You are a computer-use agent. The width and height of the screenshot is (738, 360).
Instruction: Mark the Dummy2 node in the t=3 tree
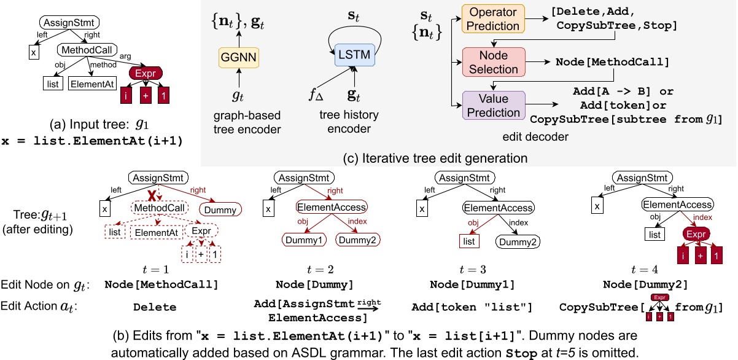pos(519,241)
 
